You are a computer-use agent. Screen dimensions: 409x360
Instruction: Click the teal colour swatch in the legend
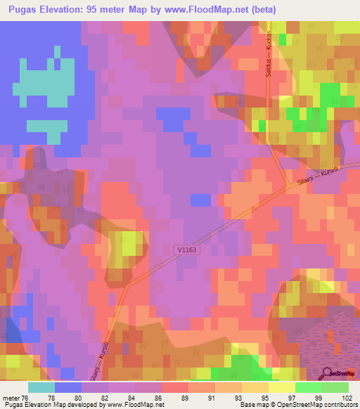pyautogui.click(x=41, y=387)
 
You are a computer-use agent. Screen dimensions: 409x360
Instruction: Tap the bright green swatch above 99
pyautogui.click(x=308, y=387)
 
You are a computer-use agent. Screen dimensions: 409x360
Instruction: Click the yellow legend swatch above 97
pyautogui.click(x=281, y=387)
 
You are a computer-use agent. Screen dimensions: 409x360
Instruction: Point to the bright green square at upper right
pyautogui.click(x=328, y=94)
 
